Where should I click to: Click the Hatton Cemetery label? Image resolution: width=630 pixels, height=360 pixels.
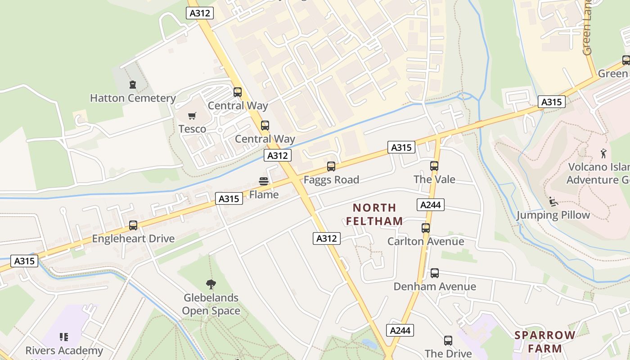(133, 98)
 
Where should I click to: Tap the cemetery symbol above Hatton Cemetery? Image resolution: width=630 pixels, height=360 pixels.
(133, 85)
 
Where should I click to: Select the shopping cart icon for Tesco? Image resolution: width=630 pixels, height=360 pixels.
(192, 116)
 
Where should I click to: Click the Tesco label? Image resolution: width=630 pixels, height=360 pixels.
(192, 129)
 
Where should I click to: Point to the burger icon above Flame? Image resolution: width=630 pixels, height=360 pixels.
(264, 181)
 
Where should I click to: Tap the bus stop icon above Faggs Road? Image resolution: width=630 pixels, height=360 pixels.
(331, 166)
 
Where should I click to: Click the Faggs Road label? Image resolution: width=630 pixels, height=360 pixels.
(331, 180)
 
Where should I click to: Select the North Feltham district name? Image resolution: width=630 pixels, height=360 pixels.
(374, 214)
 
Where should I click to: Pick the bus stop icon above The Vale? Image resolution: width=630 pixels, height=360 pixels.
(434, 166)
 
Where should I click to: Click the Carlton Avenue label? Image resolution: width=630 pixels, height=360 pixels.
(426, 242)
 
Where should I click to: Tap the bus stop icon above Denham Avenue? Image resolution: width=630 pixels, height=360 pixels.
(435, 273)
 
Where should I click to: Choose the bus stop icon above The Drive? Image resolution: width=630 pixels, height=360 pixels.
(448, 341)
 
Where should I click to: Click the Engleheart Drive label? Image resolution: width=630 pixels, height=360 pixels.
(133, 238)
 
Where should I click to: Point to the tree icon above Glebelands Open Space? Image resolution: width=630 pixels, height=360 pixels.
(211, 284)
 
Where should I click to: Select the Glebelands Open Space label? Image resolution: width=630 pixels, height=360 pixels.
(211, 304)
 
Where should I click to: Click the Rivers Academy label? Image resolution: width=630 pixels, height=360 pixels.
(64, 351)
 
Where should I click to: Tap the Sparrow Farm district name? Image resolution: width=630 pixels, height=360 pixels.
(545, 342)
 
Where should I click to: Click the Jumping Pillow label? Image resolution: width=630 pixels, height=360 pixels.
(553, 215)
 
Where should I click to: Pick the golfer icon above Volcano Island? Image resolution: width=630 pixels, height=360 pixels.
(603, 153)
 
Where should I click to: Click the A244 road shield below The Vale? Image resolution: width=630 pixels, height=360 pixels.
(431, 205)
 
